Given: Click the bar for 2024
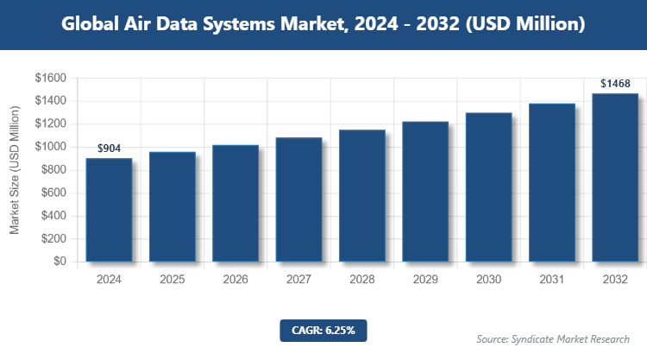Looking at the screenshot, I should pyautogui.click(x=109, y=210).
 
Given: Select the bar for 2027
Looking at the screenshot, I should pyautogui.click(x=298, y=199).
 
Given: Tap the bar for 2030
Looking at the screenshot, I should pyautogui.click(x=489, y=187).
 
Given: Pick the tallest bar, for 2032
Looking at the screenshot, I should pyautogui.click(x=615, y=177).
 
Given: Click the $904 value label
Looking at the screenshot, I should pyautogui.click(x=109, y=148).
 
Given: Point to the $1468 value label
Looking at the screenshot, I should pyautogui.click(x=615, y=84).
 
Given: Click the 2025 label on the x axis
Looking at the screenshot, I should pyautogui.click(x=172, y=280).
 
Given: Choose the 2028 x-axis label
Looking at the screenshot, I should pyautogui.click(x=362, y=280).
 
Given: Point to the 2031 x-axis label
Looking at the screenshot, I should pyautogui.click(x=552, y=280).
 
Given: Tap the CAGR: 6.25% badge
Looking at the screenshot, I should pyautogui.click(x=323, y=330).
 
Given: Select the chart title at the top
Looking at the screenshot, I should pyautogui.click(x=323, y=25).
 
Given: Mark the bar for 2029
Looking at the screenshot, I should pyautogui.click(x=425, y=192).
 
